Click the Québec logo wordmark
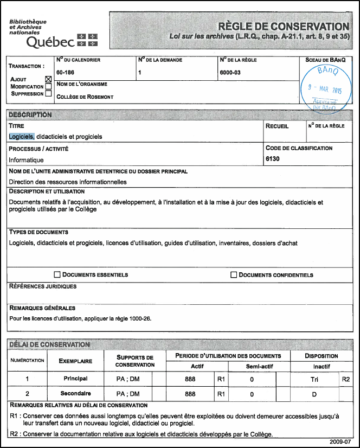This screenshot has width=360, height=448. click(x=49, y=42)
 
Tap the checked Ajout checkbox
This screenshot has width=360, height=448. click(x=48, y=79)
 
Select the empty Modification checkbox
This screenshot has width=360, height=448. click(x=48, y=86)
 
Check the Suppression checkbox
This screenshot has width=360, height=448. click(x=48, y=93)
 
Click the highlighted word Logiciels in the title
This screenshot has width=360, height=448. click(x=22, y=137)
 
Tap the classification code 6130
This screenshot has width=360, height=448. click(x=273, y=159)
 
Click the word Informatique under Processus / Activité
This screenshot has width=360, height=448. click(x=26, y=160)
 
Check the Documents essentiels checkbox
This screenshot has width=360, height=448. click(x=57, y=275)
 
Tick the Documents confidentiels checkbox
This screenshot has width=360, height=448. click(x=234, y=275)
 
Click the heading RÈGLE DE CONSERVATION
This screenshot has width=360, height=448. click(x=283, y=27)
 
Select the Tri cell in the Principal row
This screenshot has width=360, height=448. click(x=314, y=379)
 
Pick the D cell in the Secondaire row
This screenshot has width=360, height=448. click(x=314, y=394)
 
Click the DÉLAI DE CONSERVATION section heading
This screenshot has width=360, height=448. click(x=49, y=344)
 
